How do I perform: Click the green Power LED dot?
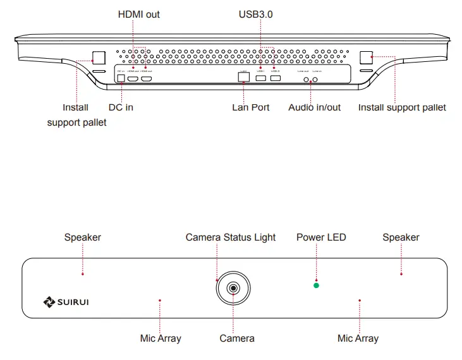pyautogui.click(x=317, y=285)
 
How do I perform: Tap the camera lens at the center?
pyautogui.click(x=234, y=289)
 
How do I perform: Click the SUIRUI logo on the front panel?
pyautogui.click(x=66, y=302)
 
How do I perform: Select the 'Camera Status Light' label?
pyautogui.click(x=230, y=237)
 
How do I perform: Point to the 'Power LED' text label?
pyautogui.click(x=321, y=237)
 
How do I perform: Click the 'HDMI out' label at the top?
pyautogui.click(x=139, y=14)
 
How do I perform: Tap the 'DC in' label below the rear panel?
pyautogui.click(x=121, y=107)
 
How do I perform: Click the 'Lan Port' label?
pyautogui.click(x=250, y=107)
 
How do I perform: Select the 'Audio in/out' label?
pyautogui.click(x=314, y=107)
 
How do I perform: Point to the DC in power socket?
pyautogui.click(x=121, y=78)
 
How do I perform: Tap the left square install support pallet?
pyautogui.click(x=99, y=57)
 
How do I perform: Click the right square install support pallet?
pyautogui.click(x=367, y=57)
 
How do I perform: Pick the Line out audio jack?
pyautogui.click(x=307, y=80)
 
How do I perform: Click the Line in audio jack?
pyautogui.click(x=316, y=80)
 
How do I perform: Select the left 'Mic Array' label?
pyautogui.click(x=161, y=339)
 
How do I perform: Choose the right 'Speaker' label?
pyautogui.click(x=401, y=237)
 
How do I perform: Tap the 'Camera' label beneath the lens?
pyautogui.click(x=237, y=339)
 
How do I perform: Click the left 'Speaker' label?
pyautogui.click(x=82, y=237)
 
